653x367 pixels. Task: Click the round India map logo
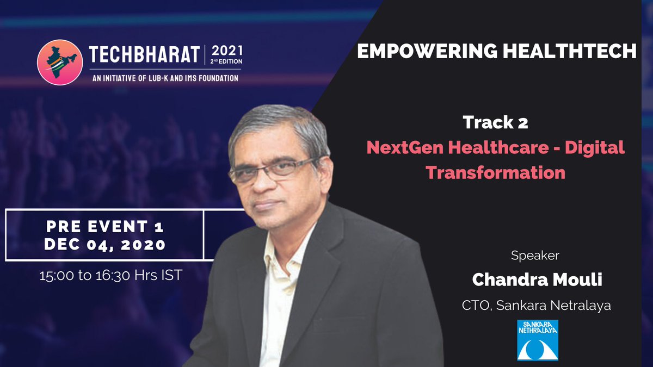(x=60, y=63)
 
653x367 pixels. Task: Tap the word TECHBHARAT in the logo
(x=145, y=54)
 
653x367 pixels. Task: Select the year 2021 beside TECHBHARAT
(x=227, y=51)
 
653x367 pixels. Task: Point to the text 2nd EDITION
(x=226, y=61)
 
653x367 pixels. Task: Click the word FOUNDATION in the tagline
(x=218, y=78)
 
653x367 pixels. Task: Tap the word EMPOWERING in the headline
(x=427, y=51)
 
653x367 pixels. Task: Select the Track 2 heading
(x=495, y=122)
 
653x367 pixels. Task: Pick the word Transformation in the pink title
(x=496, y=172)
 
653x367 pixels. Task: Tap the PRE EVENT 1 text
(x=105, y=227)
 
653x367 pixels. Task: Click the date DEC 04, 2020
(x=105, y=245)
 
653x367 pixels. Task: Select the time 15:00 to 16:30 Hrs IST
(x=111, y=275)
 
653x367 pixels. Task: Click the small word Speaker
(x=535, y=256)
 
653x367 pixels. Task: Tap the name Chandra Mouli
(x=537, y=279)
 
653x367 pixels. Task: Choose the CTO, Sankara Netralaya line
(x=537, y=306)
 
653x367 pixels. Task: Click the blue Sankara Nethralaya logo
(x=538, y=340)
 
